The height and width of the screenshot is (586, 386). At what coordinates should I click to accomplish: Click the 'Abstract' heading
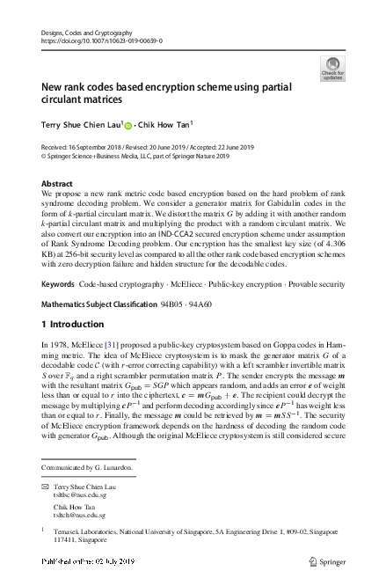pos(58,183)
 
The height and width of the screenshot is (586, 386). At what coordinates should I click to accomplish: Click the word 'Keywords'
pos(58,260)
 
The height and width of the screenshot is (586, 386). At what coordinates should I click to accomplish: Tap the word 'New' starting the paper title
pos(52,88)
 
